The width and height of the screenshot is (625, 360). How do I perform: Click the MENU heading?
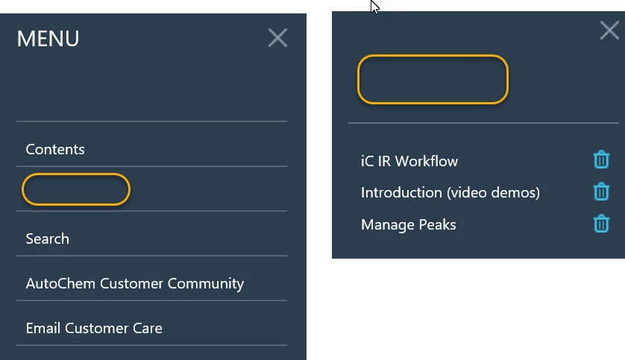pos(48,39)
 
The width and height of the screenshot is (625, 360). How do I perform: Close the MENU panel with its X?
pos(278,38)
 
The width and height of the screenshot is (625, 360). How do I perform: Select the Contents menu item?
pos(55,149)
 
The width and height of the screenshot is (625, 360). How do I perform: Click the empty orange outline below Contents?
pos(76,174)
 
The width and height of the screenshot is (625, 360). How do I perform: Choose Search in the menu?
pos(48,239)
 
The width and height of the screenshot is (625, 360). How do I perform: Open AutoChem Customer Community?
pos(135,283)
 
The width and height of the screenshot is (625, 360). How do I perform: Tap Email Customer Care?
pos(94,328)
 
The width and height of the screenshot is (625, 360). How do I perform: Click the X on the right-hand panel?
pos(609,31)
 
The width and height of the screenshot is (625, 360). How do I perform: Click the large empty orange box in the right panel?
pos(433,56)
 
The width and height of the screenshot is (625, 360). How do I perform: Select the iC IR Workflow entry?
pos(409,161)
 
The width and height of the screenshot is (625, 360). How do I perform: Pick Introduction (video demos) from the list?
pos(450,193)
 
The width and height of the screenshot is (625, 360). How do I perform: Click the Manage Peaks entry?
pos(409,224)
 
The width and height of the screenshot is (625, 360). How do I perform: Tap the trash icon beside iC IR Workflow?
pos(601,160)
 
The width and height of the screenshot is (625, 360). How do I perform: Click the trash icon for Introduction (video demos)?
pos(601,191)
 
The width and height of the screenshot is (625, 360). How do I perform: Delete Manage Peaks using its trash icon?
pos(601,223)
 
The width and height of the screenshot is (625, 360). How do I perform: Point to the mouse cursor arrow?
pos(374,7)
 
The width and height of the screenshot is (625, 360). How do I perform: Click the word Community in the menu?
pos(206,283)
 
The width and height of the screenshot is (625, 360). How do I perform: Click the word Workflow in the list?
pos(427,161)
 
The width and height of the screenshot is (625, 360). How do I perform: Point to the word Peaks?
pos(437,224)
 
